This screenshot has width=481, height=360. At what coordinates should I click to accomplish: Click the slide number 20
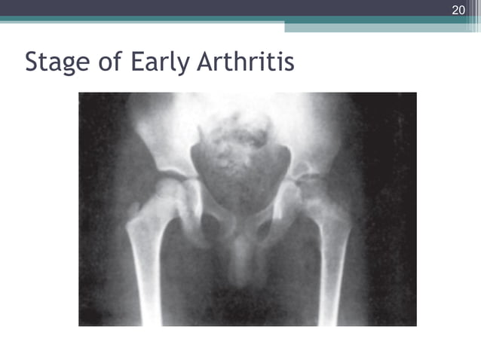(x=458, y=10)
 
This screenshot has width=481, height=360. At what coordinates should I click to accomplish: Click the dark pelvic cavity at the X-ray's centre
(x=240, y=177)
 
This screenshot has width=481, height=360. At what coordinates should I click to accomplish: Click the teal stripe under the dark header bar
(x=226, y=20)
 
